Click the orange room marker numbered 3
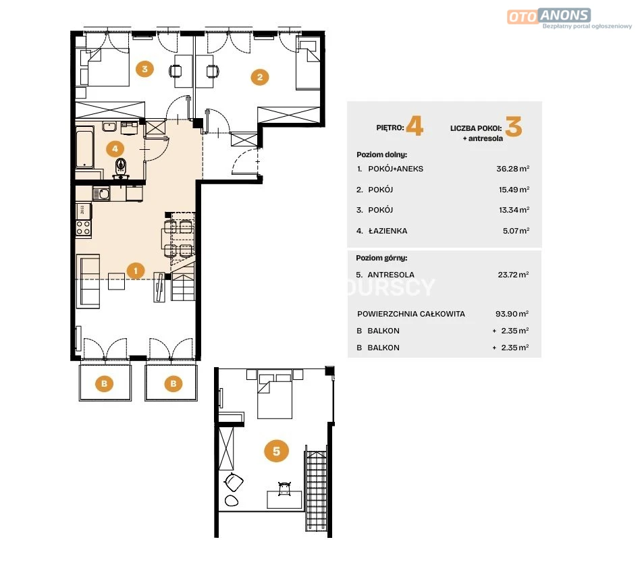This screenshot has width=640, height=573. tap(145, 69)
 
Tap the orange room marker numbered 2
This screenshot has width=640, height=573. tap(260, 77)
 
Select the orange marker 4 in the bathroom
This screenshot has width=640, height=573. tap(115, 149)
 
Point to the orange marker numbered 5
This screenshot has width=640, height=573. tap(276, 451)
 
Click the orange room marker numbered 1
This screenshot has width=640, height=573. tap(136, 270)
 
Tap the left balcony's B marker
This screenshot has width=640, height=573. tap(104, 383)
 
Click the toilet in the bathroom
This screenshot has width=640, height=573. tap(120, 167)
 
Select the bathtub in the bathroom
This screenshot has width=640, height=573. tap(85, 147)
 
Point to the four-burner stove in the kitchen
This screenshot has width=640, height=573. tap(83, 227)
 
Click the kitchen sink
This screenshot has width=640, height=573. tap(101, 194)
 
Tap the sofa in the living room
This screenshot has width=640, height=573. tap(88, 281)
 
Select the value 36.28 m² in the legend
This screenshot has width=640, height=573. tap(512, 169)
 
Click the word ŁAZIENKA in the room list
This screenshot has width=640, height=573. tap(388, 231)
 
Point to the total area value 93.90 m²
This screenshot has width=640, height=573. tap(512, 313)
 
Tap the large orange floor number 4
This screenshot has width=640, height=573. tap(415, 126)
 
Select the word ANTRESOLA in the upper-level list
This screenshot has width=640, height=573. tap(391, 275)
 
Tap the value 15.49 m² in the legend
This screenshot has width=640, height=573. tap(514, 190)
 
